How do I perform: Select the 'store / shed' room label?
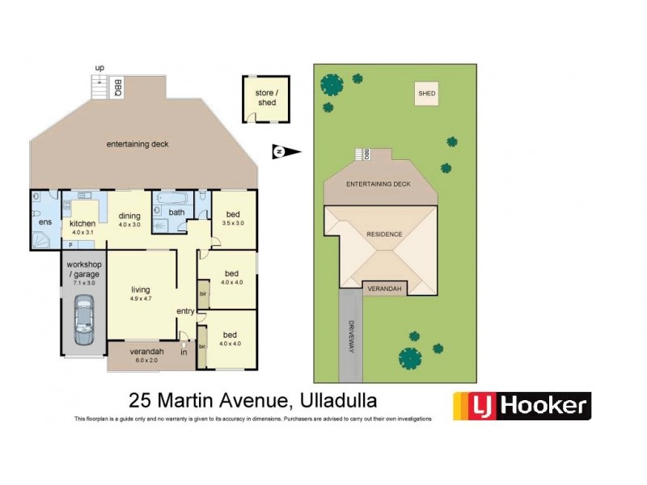pos(267,97)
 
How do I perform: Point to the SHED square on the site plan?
pos(426,95)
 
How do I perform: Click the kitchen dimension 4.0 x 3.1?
pos(82,233)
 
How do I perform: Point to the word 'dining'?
pos(129,215)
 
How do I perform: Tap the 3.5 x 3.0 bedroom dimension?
pos(232,223)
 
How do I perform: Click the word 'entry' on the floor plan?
pos(186,310)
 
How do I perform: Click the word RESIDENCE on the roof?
pos(384,234)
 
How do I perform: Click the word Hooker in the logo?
pos(541,406)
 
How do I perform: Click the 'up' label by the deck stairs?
pos(99,67)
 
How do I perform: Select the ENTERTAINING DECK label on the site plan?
pos(378,184)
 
